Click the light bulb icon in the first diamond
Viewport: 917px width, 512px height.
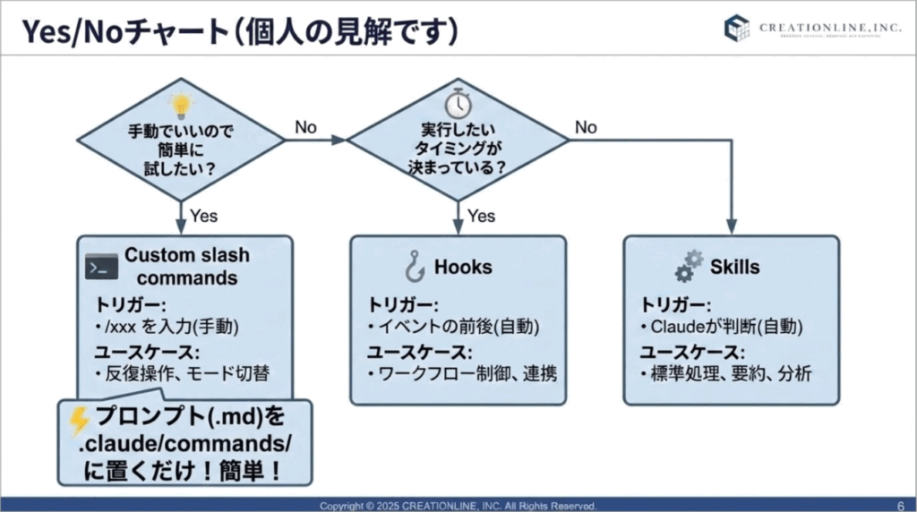pyautogui.click(x=182, y=105)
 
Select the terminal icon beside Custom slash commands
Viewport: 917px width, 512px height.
pyautogui.click(x=102, y=266)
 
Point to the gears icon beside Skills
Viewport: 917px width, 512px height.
pyautogui.click(x=688, y=265)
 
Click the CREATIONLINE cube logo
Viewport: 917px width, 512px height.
pyautogui.click(x=737, y=29)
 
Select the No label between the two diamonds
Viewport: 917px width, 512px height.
pyautogui.click(x=306, y=127)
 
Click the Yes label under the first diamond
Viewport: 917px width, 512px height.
pyautogui.click(x=203, y=215)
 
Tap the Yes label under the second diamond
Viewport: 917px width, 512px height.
pyautogui.click(x=482, y=215)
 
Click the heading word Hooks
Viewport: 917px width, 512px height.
pyautogui.click(x=463, y=267)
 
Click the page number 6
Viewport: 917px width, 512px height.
pyautogui.click(x=899, y=505)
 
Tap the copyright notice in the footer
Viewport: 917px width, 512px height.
pyautogui.click(x=458, y=506)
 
